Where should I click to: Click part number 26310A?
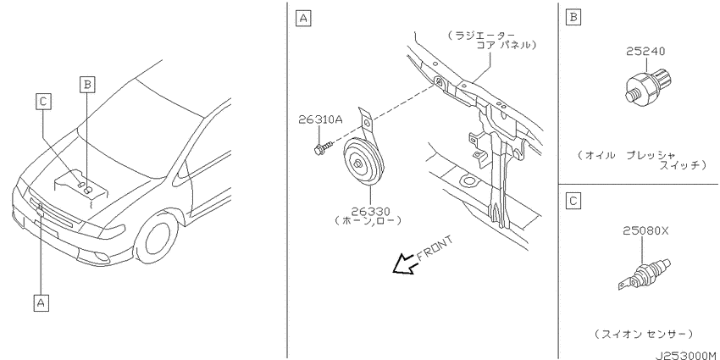point(320,119)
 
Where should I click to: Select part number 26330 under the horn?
point(370,212)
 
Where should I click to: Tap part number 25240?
point(645,52)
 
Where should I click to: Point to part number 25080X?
point(645,231)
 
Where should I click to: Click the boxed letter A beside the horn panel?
point(302,19)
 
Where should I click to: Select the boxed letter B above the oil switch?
point(574,18)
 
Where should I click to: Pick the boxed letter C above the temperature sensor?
point(574,201)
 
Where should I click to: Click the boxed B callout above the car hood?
point(86,85)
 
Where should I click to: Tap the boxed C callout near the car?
point(42,102)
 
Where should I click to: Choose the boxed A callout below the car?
point(41,302)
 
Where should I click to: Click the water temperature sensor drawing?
point(645,275)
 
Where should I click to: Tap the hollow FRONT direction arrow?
point(405,264)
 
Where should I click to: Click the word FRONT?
point(435,248)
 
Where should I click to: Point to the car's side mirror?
point(184,170)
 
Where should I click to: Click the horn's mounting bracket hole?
point(367,123)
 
